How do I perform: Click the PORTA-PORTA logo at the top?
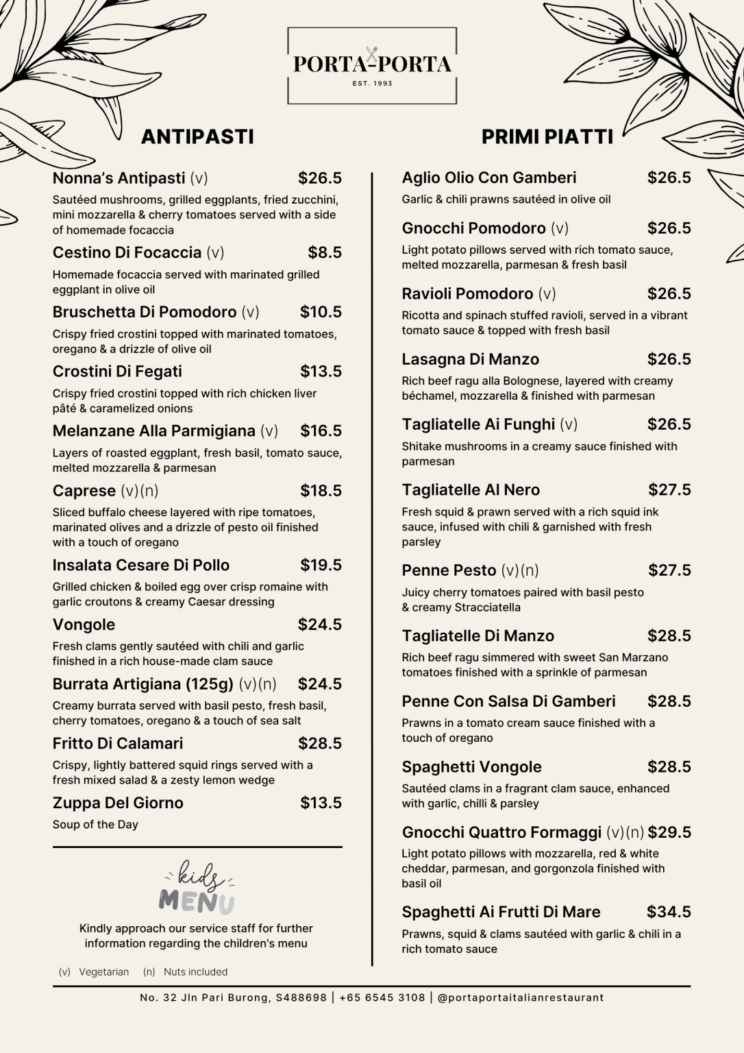point(372,64)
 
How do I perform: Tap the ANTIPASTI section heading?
point(197,136)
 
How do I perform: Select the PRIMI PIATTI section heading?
point(547,136)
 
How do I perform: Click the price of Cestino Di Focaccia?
point(324,252)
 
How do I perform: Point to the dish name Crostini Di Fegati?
point(117,372)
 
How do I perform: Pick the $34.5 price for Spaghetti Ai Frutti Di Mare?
point(668,912)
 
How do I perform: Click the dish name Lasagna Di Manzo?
point(470,359)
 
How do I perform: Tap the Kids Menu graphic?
point(197,888)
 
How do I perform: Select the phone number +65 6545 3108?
point(382,997)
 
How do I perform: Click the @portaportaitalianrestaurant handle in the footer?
point(520,997)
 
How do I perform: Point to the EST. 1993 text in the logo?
point(372,84)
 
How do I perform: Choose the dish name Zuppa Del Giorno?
point(118,803)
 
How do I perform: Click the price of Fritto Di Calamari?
point(319,743)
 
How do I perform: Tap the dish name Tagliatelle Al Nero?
point(471,490)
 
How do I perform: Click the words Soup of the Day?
point(95,825)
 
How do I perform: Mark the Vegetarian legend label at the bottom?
point(103,971)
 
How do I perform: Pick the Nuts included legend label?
point(195,971)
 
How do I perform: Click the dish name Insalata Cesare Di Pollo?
point(140,566)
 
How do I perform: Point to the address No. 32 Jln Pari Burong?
point(233,997)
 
